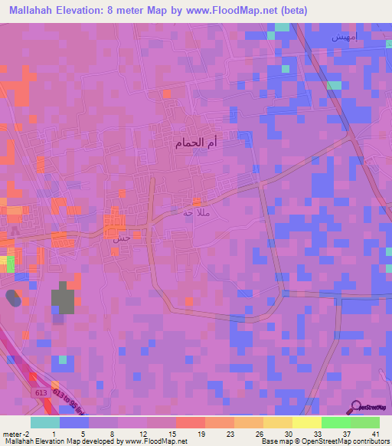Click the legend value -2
point(26,433)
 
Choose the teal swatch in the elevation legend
point(44,422)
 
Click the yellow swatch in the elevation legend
point(306,422)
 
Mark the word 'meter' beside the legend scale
point(12,433)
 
